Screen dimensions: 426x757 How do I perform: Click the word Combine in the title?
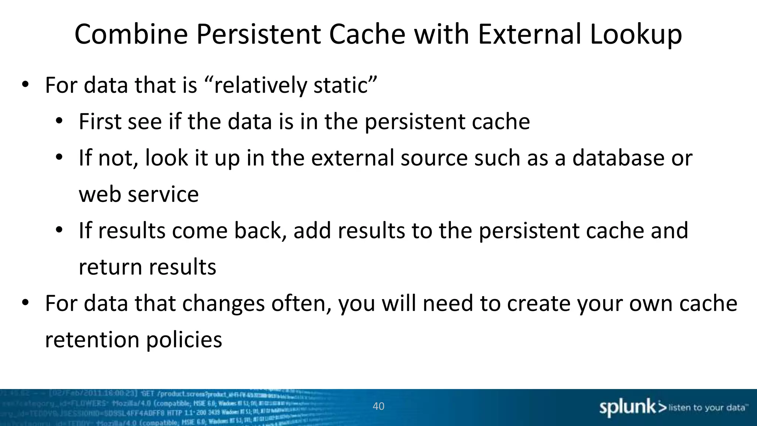pyautogui.click(x=131, y=34)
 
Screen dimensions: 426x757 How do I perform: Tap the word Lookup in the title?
pyautogui.click(x=635, y=34)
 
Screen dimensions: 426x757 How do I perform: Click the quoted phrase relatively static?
pyautogui.click(x=290, y=85)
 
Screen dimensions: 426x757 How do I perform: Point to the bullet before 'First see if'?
pyautogui.click(x=59, y=122)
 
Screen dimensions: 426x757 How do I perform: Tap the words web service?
pyautogui.click(x=139, y=195)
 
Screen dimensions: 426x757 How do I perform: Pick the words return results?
pyautogui.click(x=147, y=267)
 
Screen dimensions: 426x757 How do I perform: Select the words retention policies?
pyautogui.click(x=133, y=340)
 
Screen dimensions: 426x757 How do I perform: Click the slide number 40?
pyautogui.click(x=378, y=406)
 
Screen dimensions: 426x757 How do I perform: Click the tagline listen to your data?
pyautogui.click(x=706, y=408)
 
